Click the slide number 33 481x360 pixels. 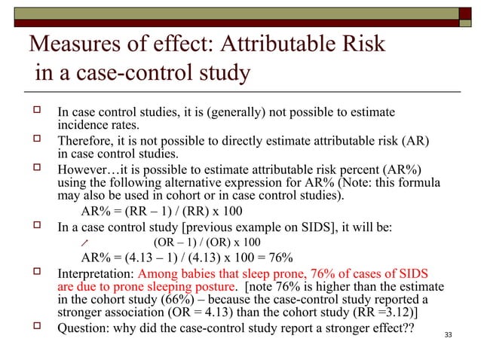pos(450,335)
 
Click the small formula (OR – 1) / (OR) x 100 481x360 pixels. pos(207,243)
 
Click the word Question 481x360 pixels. pos(84,331)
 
